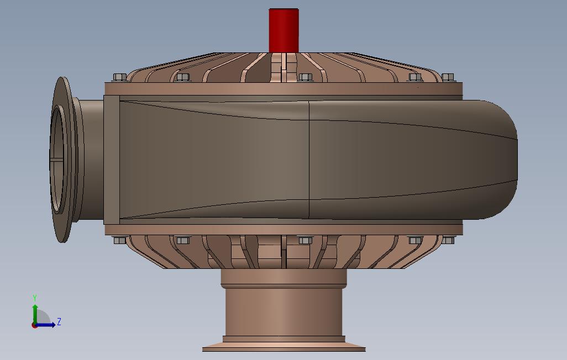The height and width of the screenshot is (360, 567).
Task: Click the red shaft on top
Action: coord(284,31)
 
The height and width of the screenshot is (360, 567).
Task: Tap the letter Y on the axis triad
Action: coord(35,298)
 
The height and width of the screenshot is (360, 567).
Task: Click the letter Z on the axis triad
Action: coord(59,321)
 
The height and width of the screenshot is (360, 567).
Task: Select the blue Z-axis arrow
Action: coord(45,325)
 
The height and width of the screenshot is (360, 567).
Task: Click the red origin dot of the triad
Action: coord(34,325)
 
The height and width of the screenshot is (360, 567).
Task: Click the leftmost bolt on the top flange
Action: coord(120,77)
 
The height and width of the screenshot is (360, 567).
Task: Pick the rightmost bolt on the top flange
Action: coord(448,77)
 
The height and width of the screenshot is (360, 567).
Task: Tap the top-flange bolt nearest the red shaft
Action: coord(305,77)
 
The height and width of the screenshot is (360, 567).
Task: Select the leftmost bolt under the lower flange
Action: coord(119,240)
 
